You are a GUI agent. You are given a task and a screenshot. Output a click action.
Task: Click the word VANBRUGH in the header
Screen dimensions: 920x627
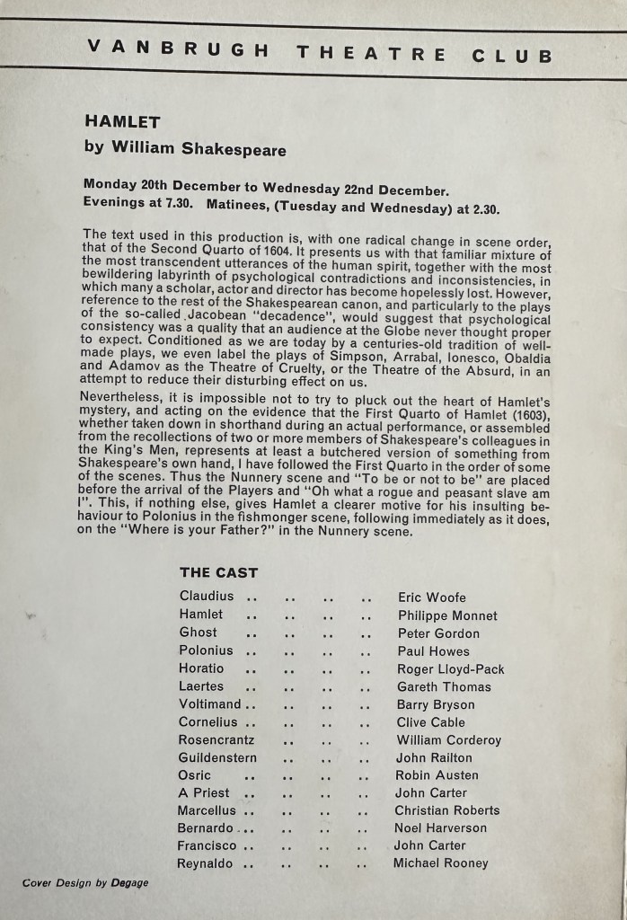165,49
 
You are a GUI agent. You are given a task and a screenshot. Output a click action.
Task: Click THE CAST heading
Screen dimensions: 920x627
218,572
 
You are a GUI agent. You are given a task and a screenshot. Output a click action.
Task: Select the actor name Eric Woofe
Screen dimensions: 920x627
432,597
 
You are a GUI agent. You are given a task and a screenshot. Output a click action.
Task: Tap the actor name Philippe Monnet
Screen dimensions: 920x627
446,615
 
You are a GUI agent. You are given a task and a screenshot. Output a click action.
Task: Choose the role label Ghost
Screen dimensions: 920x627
198,632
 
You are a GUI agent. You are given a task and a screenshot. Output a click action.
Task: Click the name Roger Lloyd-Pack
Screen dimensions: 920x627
450,668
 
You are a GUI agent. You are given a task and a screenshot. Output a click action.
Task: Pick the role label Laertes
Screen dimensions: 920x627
201,686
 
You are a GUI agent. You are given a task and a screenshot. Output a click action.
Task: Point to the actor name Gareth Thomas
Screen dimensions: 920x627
444,686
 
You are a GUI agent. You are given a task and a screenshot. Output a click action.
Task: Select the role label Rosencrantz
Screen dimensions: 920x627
216,739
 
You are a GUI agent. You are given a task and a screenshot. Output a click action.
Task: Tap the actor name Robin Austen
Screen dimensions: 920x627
437,774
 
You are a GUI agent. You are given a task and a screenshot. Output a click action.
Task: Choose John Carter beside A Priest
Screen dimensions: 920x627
431,792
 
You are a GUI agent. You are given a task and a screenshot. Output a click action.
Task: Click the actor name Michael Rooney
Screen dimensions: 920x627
441,862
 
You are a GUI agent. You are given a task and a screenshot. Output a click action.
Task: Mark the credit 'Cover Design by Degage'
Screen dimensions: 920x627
85,883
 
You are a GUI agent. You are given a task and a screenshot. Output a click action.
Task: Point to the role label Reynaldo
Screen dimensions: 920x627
206,863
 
